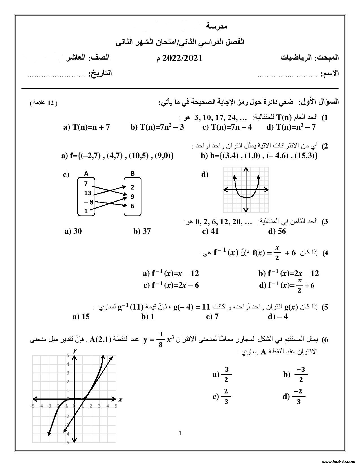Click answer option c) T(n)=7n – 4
pos(227,127)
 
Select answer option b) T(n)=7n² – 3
pos(157,127)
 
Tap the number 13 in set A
pos(88,193)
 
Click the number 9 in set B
pos(132,197)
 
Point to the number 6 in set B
pos(132,206)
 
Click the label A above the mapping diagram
pos(86,173)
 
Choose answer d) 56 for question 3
pos(277,231)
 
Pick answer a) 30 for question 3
pos(73,231)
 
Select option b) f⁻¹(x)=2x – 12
pos(288,273)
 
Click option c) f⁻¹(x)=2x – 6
pos(171,285)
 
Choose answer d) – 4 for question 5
pos(278,317)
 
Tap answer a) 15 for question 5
pos(81,317)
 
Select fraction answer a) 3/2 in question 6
pos(222,375)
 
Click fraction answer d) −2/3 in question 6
pos(294,397)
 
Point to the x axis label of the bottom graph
pos(120,400)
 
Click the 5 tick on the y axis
pos(68,356)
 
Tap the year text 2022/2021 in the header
pos(182,58)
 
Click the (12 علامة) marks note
pos(44,103)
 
